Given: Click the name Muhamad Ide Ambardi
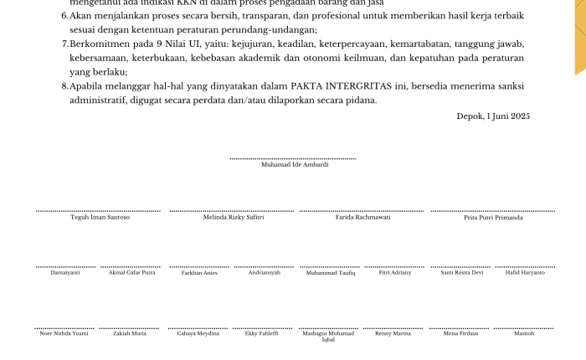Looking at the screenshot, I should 295,165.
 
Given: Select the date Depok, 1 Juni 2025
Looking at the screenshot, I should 493,116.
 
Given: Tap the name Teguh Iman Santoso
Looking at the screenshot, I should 100,218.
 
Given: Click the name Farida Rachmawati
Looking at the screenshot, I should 362,218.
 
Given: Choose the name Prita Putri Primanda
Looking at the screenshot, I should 493,218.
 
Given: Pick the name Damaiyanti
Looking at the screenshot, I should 65,273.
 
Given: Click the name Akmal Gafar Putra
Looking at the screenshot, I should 131,273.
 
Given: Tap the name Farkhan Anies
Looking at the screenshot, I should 199,273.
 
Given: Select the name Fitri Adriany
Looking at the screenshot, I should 395,273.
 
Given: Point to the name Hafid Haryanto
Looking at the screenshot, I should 525,273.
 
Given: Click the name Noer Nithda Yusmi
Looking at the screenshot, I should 64,333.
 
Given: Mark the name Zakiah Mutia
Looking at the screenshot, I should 130,333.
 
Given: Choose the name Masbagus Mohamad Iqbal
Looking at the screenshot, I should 328,337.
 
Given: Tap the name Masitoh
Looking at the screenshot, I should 524,333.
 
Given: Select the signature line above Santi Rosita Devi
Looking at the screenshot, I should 461,267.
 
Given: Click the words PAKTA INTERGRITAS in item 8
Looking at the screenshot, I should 341,86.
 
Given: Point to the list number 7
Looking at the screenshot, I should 64,43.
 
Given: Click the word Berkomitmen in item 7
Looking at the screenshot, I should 95,43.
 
